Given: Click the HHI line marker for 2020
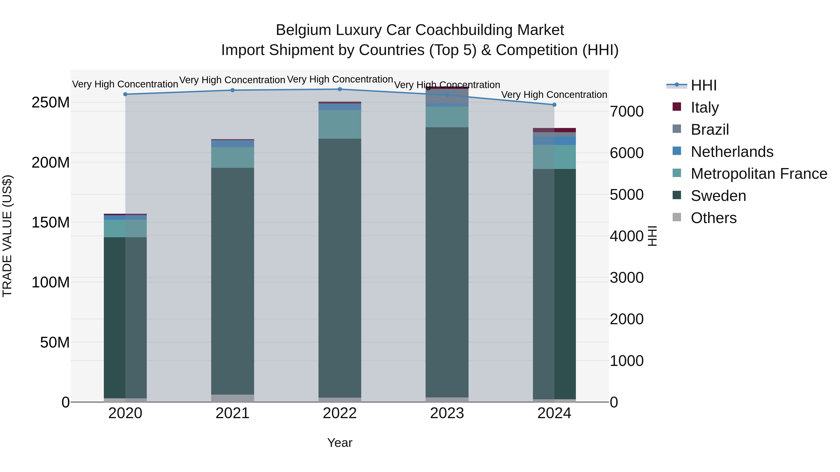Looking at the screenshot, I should [x=125, y=94].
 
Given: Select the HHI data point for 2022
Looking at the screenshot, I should [x=340, y=89].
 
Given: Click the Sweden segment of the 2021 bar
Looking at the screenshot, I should [x=232, y=280].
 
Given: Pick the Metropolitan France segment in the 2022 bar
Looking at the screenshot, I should [x=340, y=124].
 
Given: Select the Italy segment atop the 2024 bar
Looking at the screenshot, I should [x=554, y=130].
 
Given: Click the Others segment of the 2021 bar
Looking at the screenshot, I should [x=232, y=398].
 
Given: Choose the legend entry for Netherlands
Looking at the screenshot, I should [x=732, y=152].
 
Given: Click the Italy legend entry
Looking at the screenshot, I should [x=704, y=107].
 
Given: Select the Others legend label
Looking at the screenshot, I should [x=714, y=218].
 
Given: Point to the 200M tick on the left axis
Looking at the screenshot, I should [x=51, y=162].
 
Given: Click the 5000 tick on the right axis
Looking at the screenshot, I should [x=626, y=195].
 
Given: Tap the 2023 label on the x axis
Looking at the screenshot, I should [x=447, y=413].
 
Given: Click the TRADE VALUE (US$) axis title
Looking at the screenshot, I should [x=7, y=236].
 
